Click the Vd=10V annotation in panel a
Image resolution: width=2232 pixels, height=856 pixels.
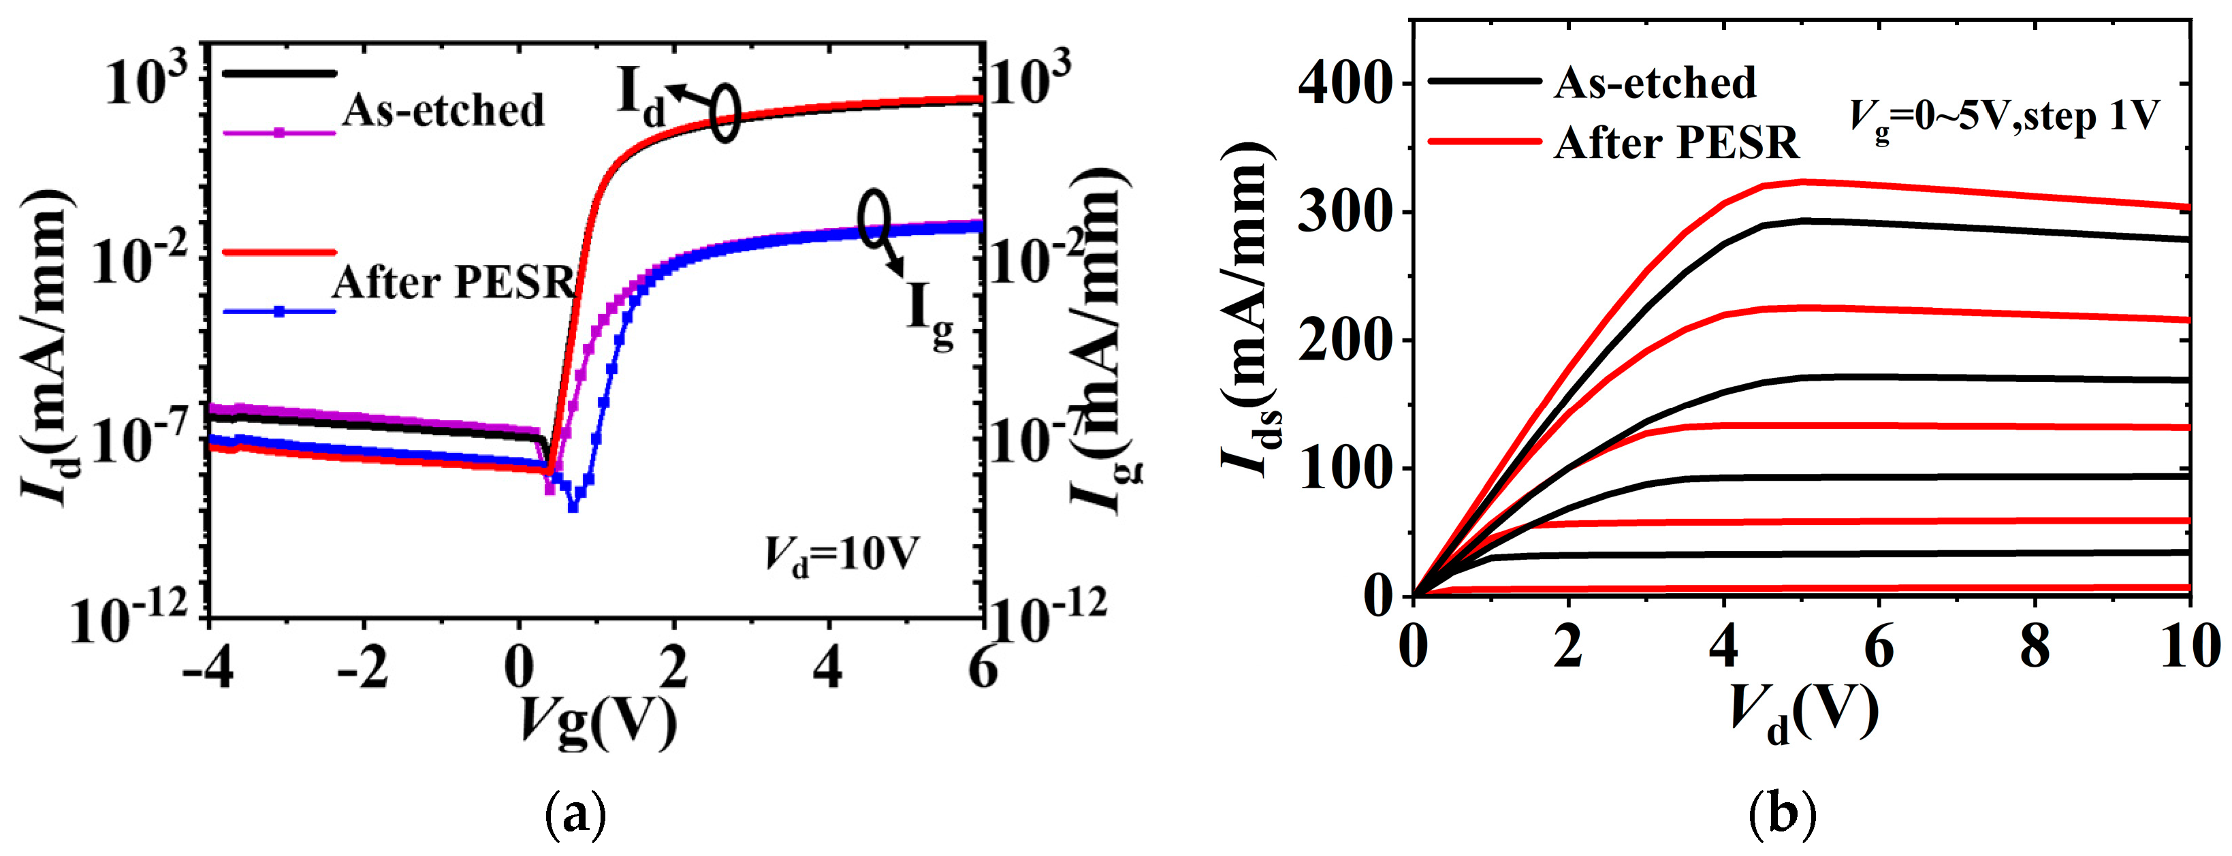point(840,556)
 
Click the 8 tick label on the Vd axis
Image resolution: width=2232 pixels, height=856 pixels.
point(2035,648)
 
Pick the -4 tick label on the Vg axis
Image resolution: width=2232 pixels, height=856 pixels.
point(208,669)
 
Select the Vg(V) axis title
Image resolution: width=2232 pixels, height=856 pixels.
point(598,721)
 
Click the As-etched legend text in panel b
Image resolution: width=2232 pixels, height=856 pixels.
point(1655,83)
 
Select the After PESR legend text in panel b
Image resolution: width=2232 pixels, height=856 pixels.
point(1676,143)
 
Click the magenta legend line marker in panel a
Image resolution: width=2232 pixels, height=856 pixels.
point(279,133)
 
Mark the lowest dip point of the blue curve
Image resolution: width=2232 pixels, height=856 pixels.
point(573,507)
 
